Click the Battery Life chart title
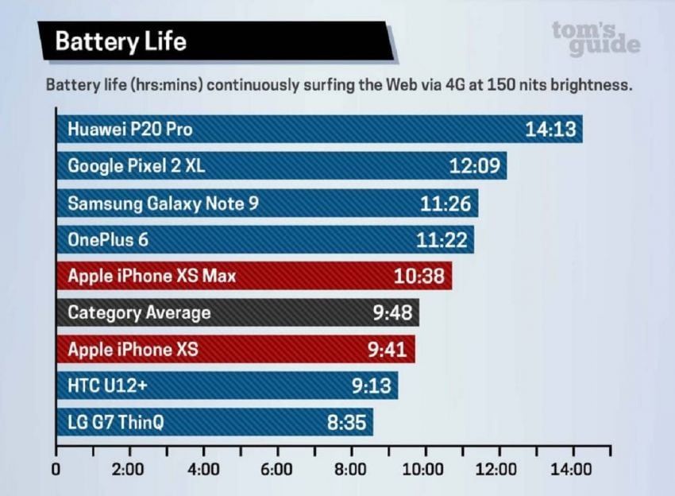[121, 41]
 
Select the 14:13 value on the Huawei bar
[550, 130]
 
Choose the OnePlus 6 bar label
[108, 239]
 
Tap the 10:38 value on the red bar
[418, 277]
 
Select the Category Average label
[139, 313]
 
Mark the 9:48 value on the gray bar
[392, 313]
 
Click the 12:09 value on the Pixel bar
[474, 166]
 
